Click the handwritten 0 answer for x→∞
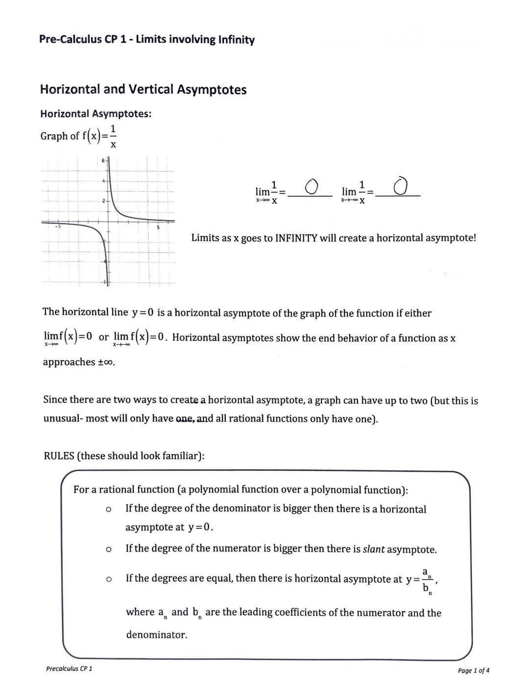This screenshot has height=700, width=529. (311, 186)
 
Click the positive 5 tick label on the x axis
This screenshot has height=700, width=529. (158, 227)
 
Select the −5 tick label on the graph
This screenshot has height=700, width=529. (57, 226)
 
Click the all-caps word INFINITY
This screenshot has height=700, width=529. (296, 238)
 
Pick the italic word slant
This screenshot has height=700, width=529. (374, 549)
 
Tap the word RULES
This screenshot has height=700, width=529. (59, 456)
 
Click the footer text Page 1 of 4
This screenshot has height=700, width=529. (473, 671)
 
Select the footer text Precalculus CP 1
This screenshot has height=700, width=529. (69, 669)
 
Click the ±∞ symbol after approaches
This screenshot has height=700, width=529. (105, 362)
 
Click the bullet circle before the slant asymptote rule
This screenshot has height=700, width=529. (108, 550)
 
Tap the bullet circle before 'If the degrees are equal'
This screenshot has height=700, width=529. (108, 579)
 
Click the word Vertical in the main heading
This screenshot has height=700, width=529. (150, 90)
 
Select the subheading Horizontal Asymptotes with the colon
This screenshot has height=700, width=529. (96, 114)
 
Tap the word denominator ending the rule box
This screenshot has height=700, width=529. (156, 635)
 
